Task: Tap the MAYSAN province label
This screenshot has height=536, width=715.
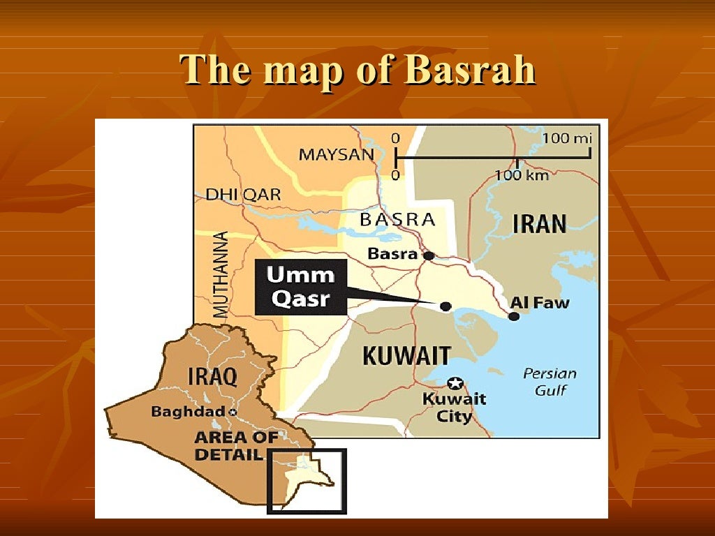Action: [337, 154]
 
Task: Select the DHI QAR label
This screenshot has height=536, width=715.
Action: [243, 195]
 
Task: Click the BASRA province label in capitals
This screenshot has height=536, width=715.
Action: [397, 220]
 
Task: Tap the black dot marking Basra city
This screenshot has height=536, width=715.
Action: [429, 255]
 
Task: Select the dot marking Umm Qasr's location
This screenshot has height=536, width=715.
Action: [445, 306]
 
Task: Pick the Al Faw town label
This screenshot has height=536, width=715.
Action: [540, 302]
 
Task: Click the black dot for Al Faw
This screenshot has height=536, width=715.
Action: [514, 316]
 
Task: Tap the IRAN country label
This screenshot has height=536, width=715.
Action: [540, 224]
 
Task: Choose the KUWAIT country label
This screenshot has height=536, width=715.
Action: [406, 356]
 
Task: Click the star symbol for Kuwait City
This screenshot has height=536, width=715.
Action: [455, 382]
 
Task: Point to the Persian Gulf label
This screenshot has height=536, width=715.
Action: [550, 381]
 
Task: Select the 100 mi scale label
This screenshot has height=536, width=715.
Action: [566, 138]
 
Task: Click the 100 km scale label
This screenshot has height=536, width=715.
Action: [522, 175]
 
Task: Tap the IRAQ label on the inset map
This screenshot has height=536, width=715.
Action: [213, 377]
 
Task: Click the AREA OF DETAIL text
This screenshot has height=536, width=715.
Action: [235, 446]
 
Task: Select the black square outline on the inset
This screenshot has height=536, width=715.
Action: [307, 450]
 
